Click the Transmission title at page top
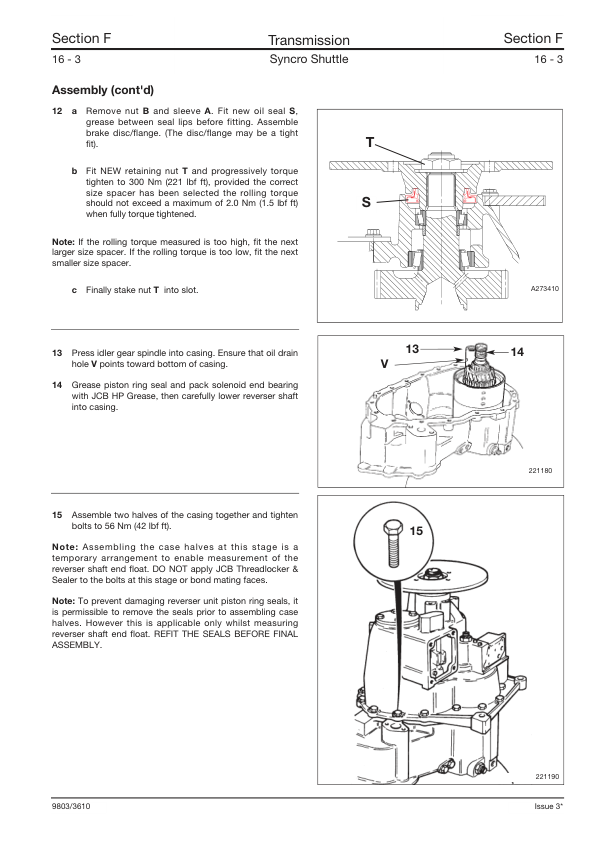(308, 40)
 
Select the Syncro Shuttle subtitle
(308, 59)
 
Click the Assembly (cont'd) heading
(103, 90)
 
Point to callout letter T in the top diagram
(369, 142)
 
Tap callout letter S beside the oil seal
(366, 202)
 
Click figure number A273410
(545, 289)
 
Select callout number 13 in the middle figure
(412, 349)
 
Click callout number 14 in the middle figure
(517, 352)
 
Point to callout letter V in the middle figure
(384, 364)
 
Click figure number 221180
(540, 470)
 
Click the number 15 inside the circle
(416, 531)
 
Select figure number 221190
(547, 776)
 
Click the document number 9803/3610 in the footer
(71, 806)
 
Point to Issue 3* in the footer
(548, 806)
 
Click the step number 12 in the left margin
(57, 111)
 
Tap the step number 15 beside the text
(57, 515)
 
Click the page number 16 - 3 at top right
(548, 59)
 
